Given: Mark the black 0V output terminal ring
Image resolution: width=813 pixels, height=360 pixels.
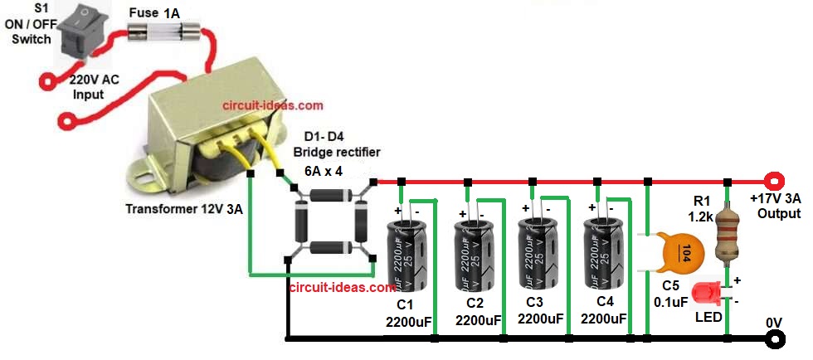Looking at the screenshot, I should coord(776,338).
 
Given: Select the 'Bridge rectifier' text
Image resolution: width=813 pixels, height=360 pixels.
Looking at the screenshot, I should coord(336,152).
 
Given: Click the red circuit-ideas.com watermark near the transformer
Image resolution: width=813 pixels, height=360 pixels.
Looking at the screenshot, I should coord(273,106).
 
